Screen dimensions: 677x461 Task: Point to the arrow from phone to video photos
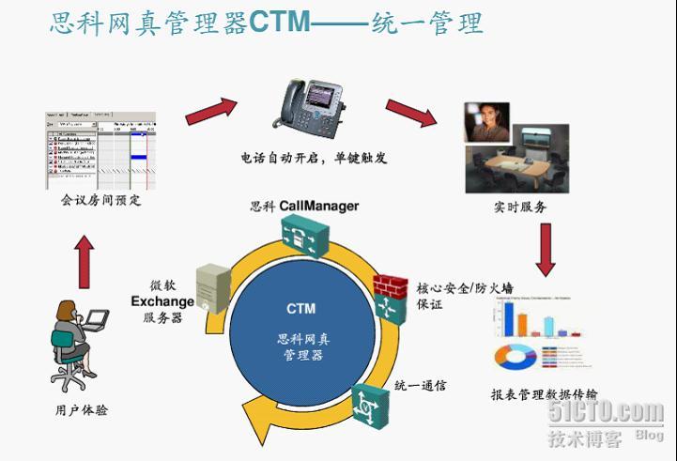[410, 109]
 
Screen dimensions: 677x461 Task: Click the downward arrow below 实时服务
[546, 248]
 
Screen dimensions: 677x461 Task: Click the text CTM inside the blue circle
[300, 308]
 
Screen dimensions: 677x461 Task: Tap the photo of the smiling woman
[486, 122]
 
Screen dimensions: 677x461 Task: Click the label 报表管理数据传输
[544, 394]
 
